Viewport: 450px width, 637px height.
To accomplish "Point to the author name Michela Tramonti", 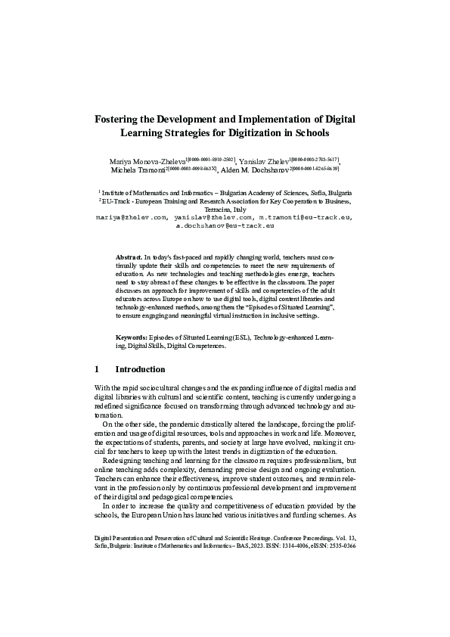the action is tap(128, 172).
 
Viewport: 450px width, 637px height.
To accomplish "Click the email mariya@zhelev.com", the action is tap(130, 218).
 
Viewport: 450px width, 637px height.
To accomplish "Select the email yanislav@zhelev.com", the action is tap(213, 218).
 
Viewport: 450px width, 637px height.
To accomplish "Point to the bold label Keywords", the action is tap(132, 337).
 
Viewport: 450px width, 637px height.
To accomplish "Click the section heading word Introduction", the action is tap(140, 370).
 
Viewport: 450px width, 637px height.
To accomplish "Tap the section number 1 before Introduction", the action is tap(97, 370).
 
